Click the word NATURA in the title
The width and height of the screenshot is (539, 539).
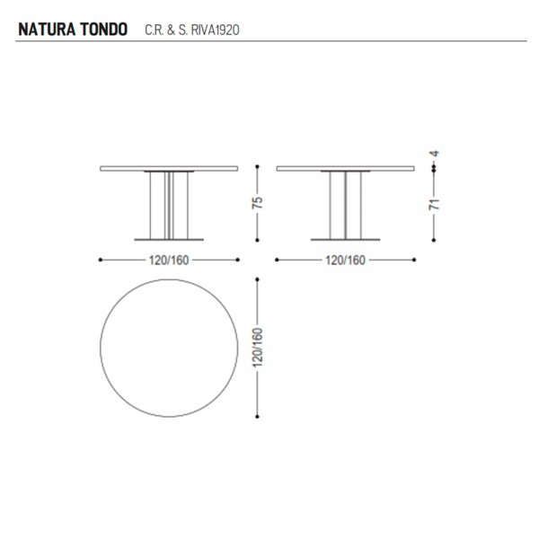click(x=47, y=30)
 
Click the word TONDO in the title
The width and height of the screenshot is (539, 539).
click(x=104, y=30)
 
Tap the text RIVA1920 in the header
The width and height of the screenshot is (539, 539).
click(x=216, y=30)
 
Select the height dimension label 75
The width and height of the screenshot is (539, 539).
click(x=258, y=202)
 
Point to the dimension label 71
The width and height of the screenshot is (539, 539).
click(x=434, y=204)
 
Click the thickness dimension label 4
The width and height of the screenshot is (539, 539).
click(x=435, y=154)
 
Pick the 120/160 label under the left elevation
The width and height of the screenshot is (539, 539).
click(x=169, y=261)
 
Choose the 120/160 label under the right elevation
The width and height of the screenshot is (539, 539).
click(x=345, y=261)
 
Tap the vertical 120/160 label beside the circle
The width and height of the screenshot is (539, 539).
click(x=258, y=348)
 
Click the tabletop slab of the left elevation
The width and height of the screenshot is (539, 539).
click(x=169, y=169)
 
